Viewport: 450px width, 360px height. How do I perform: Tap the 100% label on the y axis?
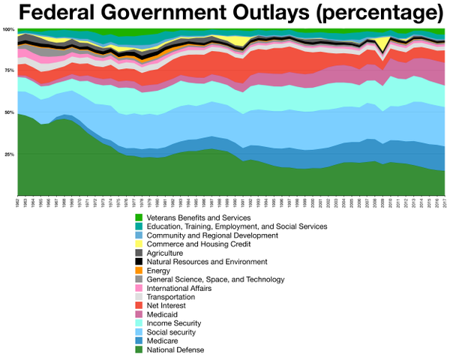coord(8,29)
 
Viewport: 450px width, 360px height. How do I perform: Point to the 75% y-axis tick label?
coord(9,70)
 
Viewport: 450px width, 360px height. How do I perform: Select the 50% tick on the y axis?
coord(9,112)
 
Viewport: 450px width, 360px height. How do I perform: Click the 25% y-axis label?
coord(9,154)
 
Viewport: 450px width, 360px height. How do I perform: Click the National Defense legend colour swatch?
coord(139,349)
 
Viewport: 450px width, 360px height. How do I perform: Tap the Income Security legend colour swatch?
coord(139,322)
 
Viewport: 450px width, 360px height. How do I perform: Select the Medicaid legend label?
coord(163,313)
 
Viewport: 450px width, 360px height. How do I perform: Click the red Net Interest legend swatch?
coord(139,305)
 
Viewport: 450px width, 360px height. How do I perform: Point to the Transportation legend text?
coord(171,296)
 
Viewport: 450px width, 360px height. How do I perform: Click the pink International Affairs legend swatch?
coord(139,287)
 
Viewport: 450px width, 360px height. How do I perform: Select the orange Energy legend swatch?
coord(139,270)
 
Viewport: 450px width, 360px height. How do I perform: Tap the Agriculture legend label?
coord(167,253)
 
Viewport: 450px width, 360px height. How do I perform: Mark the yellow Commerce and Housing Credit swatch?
coord(139,244)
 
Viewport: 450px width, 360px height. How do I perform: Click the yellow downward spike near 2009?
coord(383,46)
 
